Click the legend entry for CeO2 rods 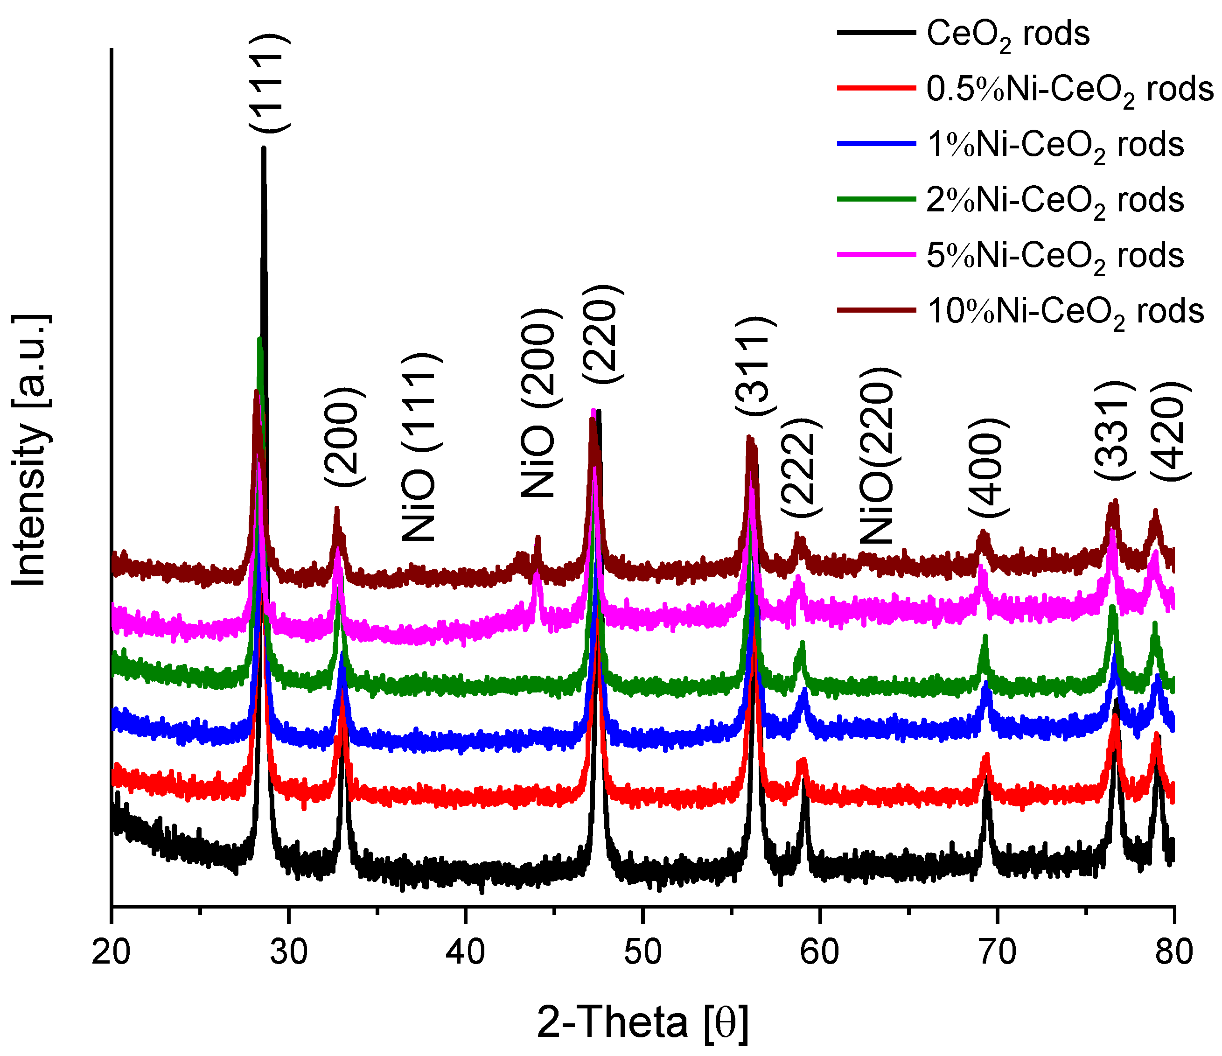1007,34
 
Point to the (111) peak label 268,83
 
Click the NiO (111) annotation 419,447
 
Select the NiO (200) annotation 538,403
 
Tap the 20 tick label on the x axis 111,952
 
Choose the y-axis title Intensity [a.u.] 29,449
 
